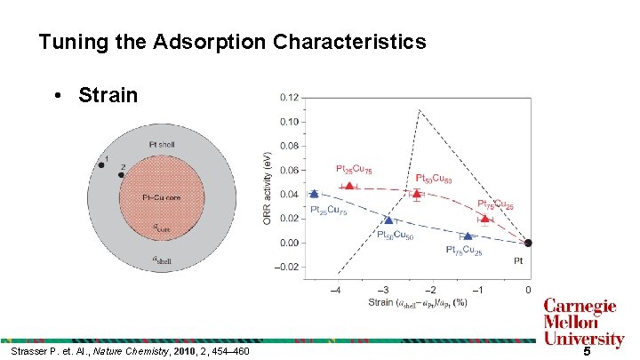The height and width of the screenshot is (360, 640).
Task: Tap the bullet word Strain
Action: [x=108, y=94]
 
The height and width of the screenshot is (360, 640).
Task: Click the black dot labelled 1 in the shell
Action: [x=100, y=164]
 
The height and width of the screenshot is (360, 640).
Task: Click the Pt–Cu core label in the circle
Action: [x=162, y=196]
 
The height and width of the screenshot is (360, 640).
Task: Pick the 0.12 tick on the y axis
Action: [x=288, y=97]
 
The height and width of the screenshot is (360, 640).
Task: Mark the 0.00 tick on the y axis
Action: [x=288, y=243]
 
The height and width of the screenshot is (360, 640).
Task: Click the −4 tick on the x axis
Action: [x=335, y=290]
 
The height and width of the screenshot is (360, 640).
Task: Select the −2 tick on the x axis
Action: [x=431, y=290]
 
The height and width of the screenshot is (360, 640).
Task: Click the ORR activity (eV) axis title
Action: [x=268, y=187]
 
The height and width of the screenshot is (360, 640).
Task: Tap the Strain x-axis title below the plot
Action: [x=417, y=303]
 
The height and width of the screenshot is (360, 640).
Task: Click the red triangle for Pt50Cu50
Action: [x=416, y=193]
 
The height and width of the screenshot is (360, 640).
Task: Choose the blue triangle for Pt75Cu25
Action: [x=468, y=236]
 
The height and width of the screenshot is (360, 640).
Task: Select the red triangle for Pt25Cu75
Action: [x=349, y=186]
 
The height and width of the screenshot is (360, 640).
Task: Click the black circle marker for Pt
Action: [x=528, y=243]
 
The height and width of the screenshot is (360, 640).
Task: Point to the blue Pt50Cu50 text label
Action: [x=395, y=236]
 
